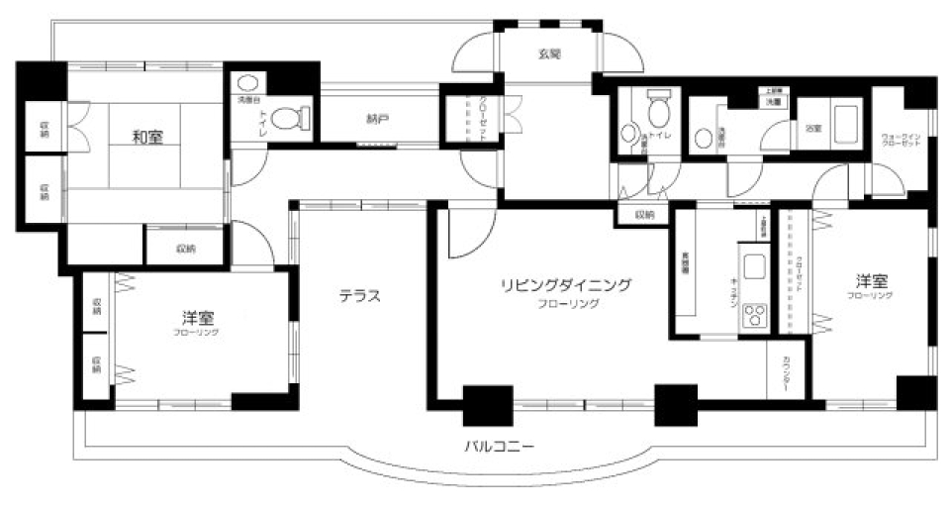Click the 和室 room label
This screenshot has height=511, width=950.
148,137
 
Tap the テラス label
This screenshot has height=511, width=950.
360,295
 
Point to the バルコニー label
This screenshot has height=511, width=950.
500,447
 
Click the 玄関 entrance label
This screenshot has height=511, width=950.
549,54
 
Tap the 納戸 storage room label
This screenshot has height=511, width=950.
377,120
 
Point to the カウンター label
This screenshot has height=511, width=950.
788,373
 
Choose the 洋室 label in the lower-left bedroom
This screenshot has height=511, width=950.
199,318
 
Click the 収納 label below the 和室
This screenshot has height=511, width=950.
186,248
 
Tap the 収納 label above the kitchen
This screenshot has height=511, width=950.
644,214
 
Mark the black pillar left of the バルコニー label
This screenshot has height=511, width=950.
487,403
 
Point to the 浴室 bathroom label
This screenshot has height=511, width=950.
811,128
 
